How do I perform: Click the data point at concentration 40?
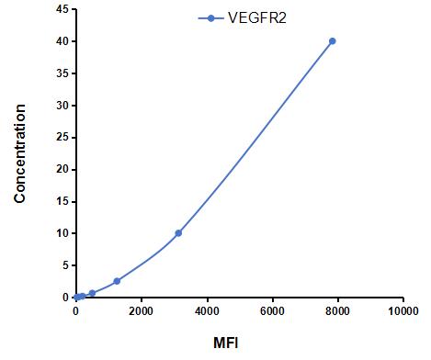coord(332,41)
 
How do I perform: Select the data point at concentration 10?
coord(178,233)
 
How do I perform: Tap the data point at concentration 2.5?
coord(117,281)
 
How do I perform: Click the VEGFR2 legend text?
coord(257,18)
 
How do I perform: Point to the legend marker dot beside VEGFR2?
coord(210,18)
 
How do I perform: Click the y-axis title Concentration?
coord(19,153)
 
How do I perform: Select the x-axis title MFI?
coord(226,343)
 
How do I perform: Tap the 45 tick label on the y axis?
coord(62,9)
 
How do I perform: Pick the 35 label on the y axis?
coord(62,73)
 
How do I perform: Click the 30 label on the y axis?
coord(62,106)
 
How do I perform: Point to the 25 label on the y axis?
coord(62,138)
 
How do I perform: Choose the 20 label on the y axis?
coord(62,170)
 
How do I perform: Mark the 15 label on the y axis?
coord(62,202)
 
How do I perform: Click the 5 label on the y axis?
coord(66,265)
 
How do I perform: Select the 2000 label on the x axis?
coord(141,311)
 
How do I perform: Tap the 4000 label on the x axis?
coord(207,311)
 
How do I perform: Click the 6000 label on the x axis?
coord(272,311)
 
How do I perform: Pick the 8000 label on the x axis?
coord(337,311)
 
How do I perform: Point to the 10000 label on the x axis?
coord(403,311)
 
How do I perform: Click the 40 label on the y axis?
coord(62,41)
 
